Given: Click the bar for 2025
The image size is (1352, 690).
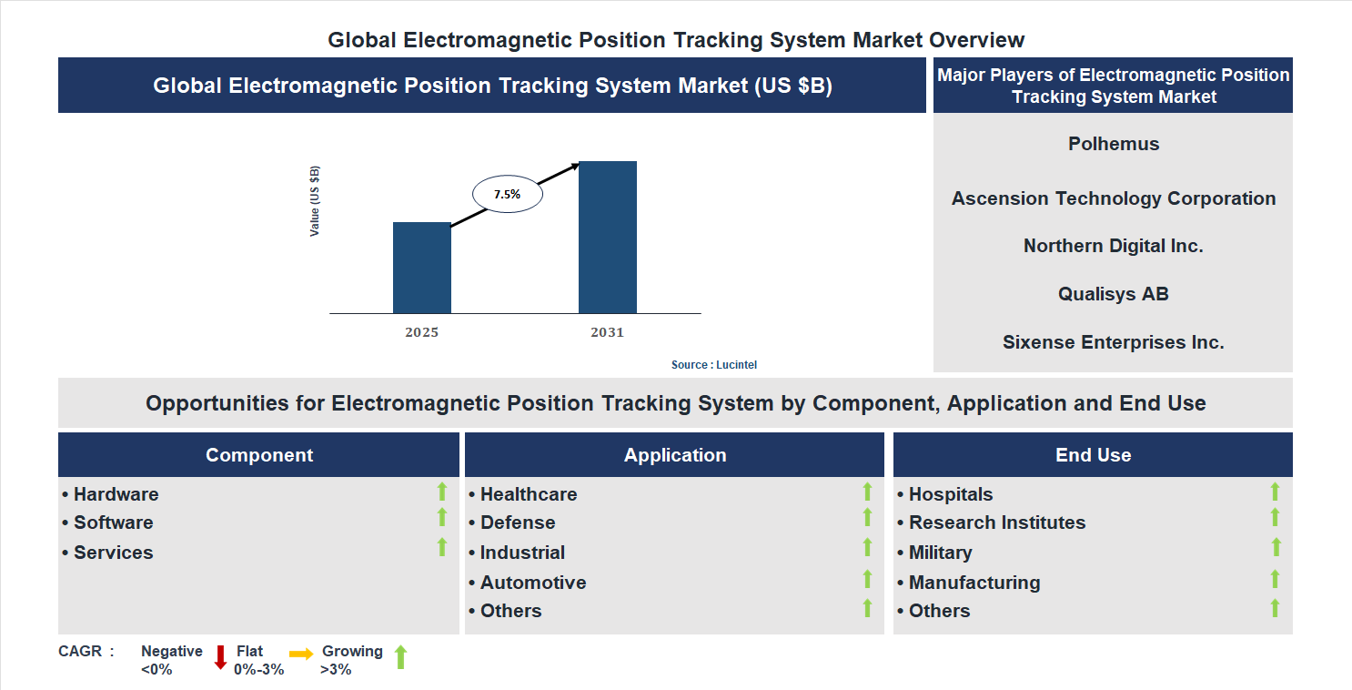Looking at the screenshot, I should pos(421,268).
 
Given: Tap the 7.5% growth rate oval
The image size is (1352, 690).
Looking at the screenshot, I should pos(507,194).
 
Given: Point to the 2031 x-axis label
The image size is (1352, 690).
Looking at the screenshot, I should pos(607,332).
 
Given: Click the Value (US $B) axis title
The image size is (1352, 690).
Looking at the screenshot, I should pos(315,201).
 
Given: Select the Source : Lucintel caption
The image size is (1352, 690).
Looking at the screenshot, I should pos(713,364).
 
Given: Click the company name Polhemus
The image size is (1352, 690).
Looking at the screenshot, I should pos(1113,144).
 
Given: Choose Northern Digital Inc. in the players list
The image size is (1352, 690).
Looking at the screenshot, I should pos(1113,246).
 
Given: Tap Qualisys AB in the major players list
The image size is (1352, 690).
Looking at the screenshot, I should pos(1113,294).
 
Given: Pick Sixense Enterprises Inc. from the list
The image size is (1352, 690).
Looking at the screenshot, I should pos(1113,342).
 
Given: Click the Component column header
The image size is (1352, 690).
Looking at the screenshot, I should pos(258,455).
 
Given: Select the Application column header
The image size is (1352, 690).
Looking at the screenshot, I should pos(674,455).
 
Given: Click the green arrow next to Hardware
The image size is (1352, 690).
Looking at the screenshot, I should pos(442,492).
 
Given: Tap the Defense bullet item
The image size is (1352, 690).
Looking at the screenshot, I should pos(517,523).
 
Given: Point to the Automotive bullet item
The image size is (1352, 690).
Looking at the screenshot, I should pos(532,583).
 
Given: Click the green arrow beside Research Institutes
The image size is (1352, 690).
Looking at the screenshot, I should pos(1275,517).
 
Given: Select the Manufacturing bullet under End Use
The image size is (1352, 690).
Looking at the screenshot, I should pos(974,583).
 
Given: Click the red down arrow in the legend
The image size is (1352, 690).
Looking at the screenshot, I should pos(220,657).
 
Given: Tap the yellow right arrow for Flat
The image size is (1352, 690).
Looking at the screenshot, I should pos(301,654).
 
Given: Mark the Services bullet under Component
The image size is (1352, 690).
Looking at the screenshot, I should pos(113,553).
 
